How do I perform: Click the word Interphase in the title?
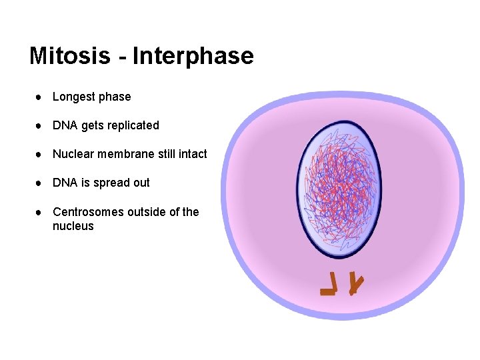(x=193, y=56)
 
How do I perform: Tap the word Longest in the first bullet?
(x=74, y=97)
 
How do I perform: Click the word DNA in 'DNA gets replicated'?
(x=65, y=125)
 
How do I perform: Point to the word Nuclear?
(x=73, y=154)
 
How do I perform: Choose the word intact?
(x=193, y=154)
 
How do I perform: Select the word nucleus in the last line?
(x=73, y=226)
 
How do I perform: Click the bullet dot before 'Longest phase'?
(x=40, y=97)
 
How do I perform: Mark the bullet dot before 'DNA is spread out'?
(x=40, y=183)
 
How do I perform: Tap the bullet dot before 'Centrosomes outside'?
(x=40, y=213)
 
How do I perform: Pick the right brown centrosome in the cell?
(x=356, y=284)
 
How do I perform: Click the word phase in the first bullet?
(x=115, y=97)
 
